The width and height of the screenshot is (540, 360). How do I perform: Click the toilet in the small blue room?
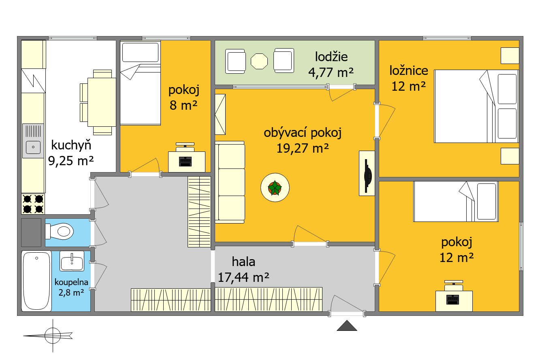point(59,231)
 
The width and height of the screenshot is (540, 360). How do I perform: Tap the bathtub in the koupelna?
point(36,281)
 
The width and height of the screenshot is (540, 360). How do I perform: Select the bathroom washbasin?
point(72,261)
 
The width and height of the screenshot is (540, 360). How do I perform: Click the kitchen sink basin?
point(33,147)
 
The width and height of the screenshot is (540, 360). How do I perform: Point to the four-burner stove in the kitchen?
point(33,204)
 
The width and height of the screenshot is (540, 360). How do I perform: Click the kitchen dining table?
point(102,102)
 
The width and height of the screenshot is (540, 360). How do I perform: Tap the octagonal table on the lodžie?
point(259,61)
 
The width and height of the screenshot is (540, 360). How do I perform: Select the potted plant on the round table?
point(275,188)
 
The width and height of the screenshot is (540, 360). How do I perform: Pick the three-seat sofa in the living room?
point(230,182)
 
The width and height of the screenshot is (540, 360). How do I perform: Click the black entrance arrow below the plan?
point(347,326)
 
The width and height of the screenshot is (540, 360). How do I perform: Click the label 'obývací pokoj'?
point(303,133)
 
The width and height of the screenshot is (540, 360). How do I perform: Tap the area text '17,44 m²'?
point(243,277)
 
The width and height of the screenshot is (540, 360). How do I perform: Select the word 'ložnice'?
point(409,70)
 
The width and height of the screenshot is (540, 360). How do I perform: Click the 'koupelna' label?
point(71,282)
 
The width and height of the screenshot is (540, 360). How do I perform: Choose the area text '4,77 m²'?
point(331,72)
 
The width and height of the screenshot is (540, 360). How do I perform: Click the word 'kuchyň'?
point(71,145)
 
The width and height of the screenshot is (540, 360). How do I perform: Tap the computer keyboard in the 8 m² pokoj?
point(185,162)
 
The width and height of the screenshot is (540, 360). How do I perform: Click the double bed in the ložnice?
point(476,106)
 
